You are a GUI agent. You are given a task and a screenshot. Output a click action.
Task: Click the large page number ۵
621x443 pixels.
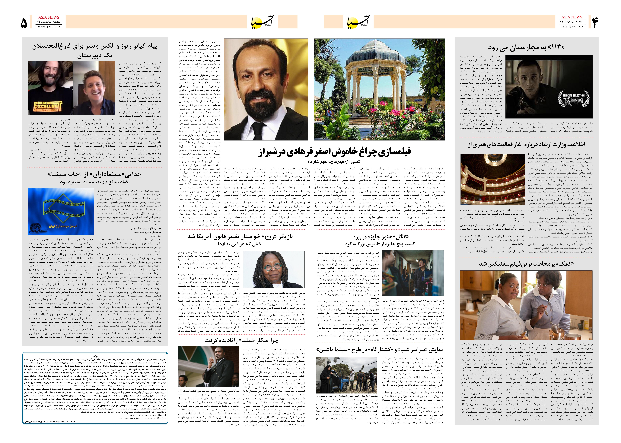(24, 23)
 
